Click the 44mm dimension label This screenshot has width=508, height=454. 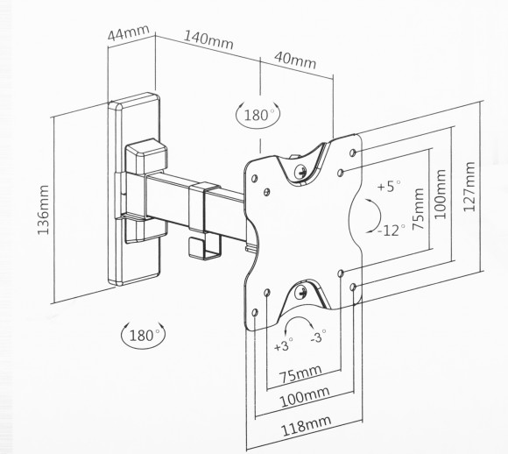(128, 32)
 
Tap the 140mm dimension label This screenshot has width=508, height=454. (208, 40)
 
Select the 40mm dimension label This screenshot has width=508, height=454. (295, 60)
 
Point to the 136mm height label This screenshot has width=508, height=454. (44, 209)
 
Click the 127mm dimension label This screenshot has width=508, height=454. (469, 187)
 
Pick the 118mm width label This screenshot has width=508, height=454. (307, 425)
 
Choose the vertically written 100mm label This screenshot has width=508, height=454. (440, 195)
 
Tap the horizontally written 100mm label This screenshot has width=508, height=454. (304, 397)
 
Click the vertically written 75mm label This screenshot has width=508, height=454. (419, 209)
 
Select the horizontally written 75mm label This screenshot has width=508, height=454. (300, 373)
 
